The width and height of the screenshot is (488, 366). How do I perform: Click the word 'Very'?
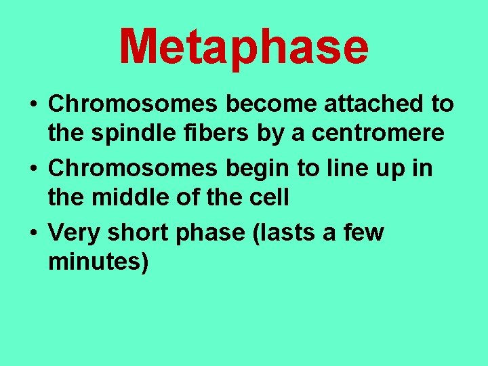pos(72,232)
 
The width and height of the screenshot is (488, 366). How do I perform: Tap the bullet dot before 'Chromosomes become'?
pos(33,105)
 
